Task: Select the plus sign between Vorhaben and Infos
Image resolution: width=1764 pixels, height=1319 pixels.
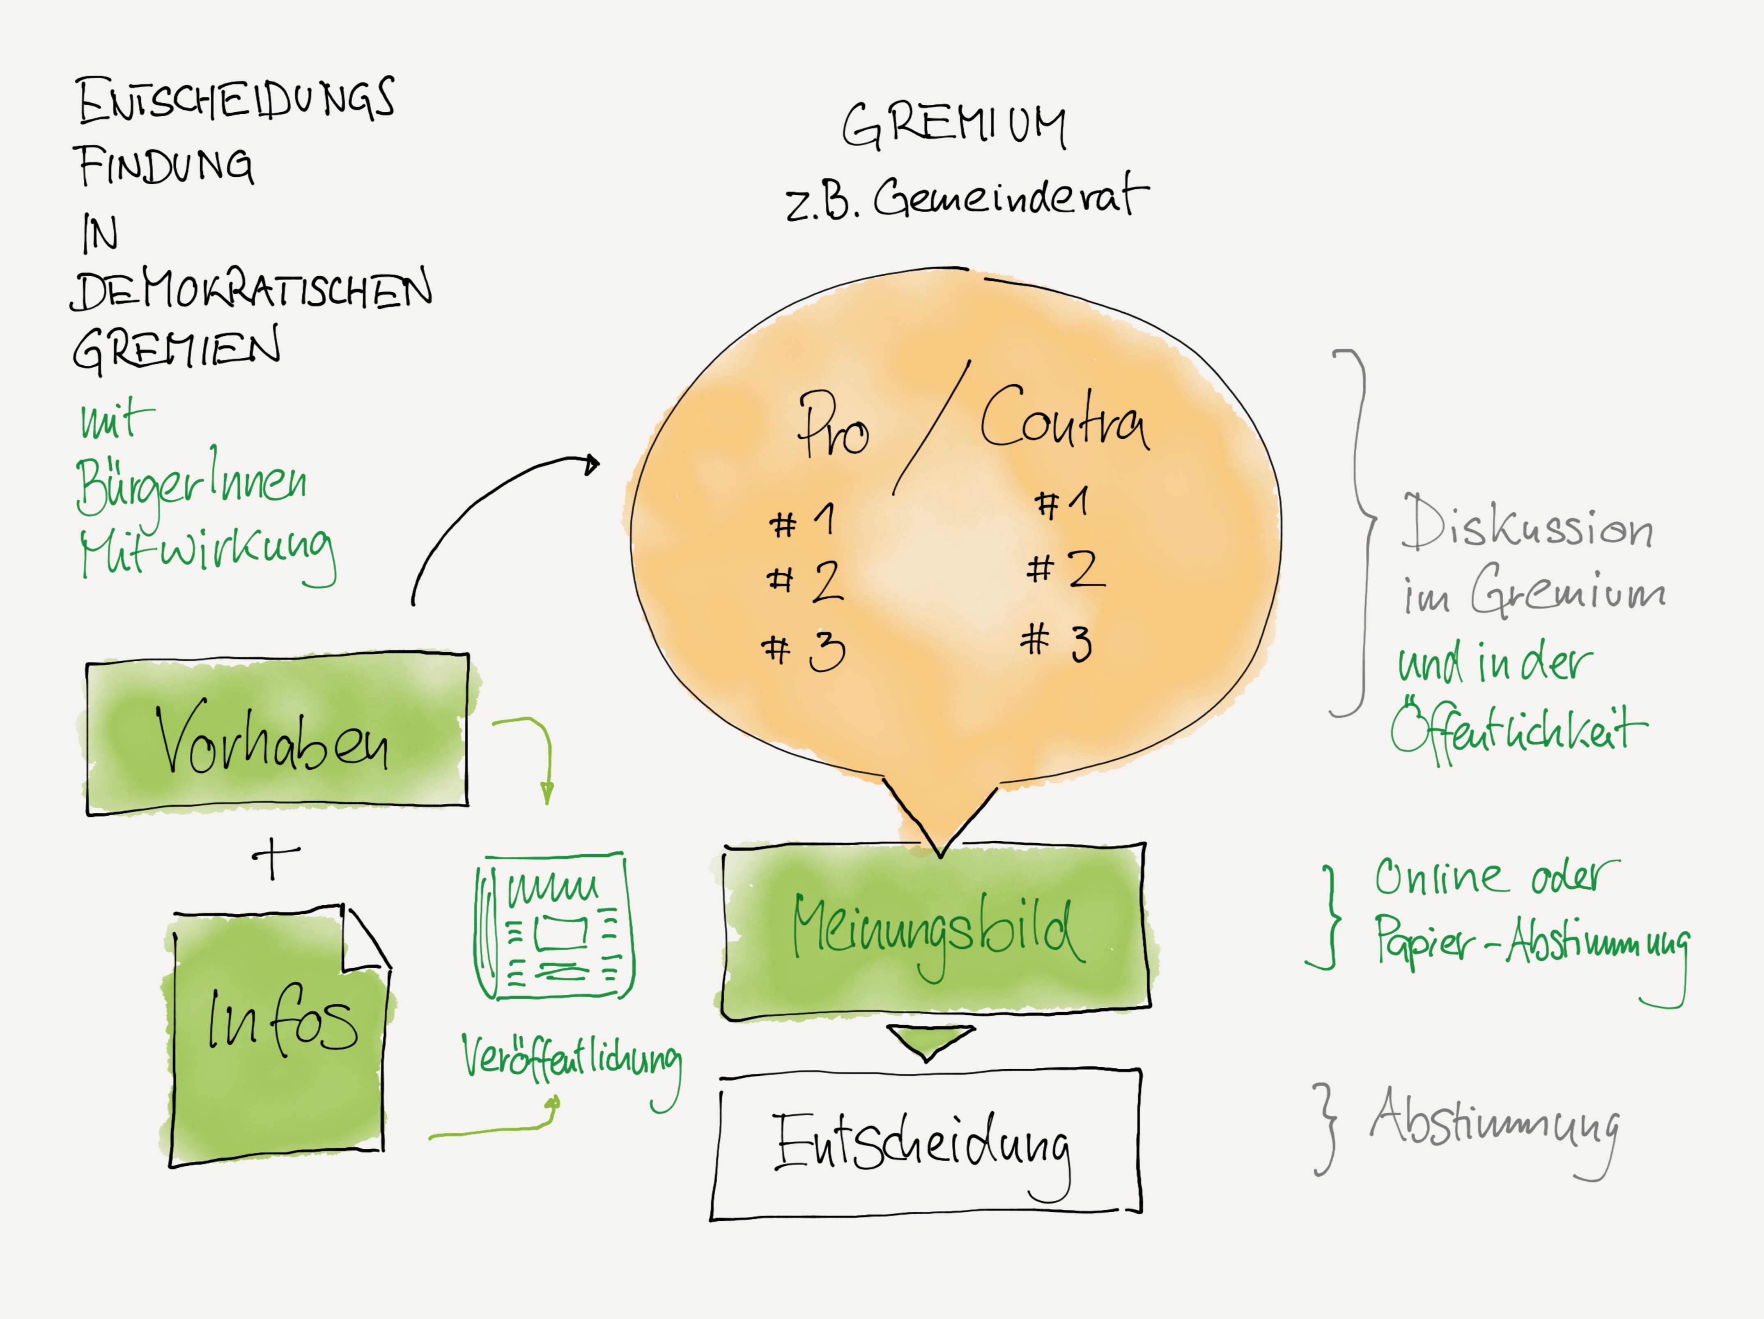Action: (275, 858)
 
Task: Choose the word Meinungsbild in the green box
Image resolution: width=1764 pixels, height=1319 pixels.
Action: (937, 929)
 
